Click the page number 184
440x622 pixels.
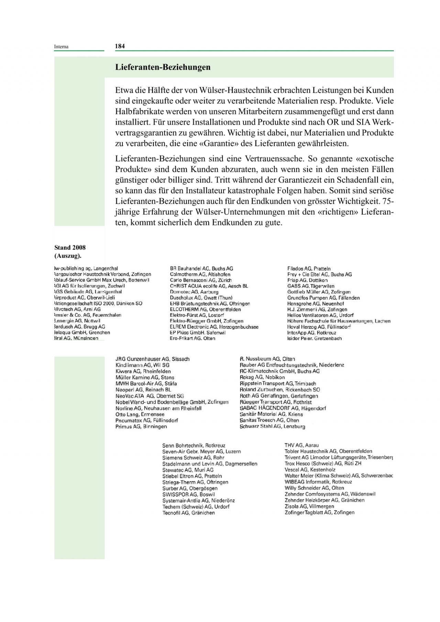point(120,46)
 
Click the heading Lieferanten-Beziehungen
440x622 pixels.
point(163,67)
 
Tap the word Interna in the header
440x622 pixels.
point(61,47)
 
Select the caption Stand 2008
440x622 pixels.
point(70,247)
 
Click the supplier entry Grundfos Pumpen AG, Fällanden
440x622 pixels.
point(323,298)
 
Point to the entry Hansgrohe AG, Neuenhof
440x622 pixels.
point(315,304)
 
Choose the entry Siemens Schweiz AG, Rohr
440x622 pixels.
point(193,457)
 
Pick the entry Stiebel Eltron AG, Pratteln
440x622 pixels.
point(192,476)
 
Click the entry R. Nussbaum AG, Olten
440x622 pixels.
point(267,359)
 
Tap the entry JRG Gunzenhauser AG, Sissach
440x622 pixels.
point(152,359)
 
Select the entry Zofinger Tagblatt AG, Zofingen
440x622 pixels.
point(319,512)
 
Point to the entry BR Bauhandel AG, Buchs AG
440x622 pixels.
point(201,269)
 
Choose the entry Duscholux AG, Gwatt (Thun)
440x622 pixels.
point(201,298)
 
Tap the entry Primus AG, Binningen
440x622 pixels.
point(141,427)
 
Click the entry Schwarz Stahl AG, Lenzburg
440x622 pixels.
point(272,427)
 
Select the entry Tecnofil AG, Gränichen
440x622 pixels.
point(188,513)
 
